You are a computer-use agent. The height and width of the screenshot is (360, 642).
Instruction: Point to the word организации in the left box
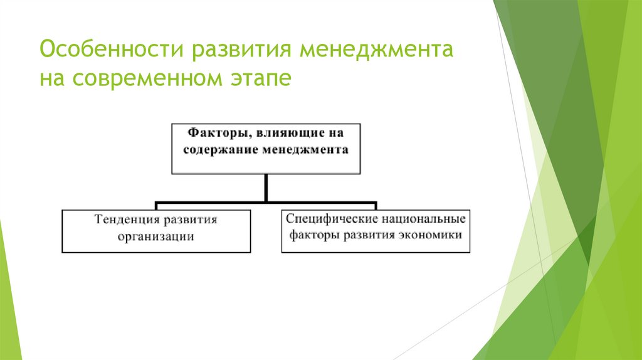click(156, 236)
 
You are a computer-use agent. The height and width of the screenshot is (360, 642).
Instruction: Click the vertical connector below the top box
click(266, 188)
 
